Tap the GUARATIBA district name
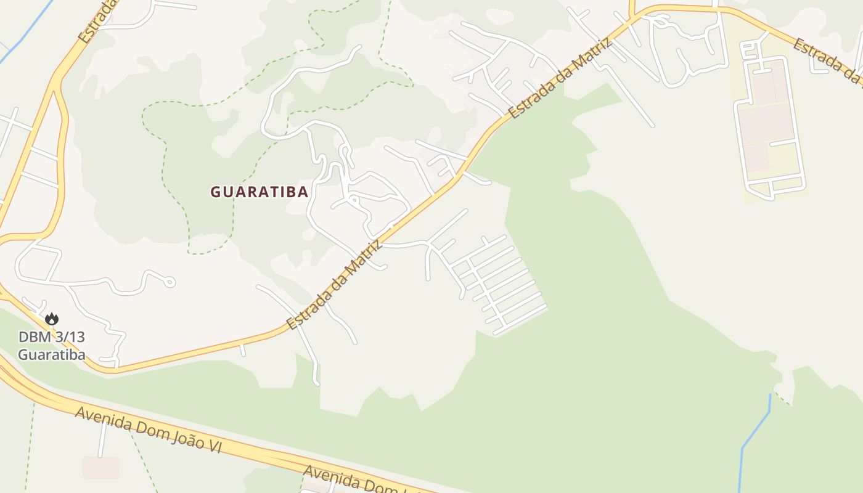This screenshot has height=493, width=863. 259,192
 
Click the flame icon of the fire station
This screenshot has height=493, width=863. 52,319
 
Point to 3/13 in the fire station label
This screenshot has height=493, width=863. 68,337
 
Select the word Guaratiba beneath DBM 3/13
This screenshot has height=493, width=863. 51,355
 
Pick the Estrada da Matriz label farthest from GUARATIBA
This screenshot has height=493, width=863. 561,78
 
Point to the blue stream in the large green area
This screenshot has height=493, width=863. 755,431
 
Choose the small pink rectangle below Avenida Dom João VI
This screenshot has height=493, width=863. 100,468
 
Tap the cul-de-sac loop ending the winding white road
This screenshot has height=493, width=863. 170,282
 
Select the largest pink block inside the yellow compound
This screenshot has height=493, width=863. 766,123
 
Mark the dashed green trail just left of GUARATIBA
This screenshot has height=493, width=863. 165,154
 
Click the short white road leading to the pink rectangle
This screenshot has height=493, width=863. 103,439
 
